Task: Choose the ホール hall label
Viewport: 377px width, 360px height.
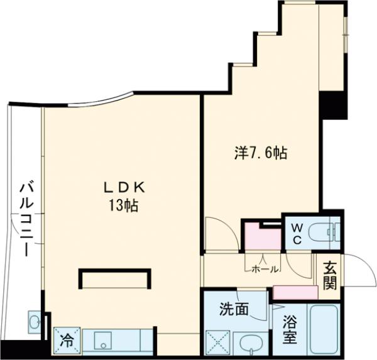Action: click(x=265, y=269)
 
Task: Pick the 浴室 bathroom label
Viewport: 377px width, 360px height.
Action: click(x=288, y=329)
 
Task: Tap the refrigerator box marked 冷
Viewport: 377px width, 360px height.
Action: click(x=67, y=341)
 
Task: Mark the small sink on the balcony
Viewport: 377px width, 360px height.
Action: click(x=34, y=322)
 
